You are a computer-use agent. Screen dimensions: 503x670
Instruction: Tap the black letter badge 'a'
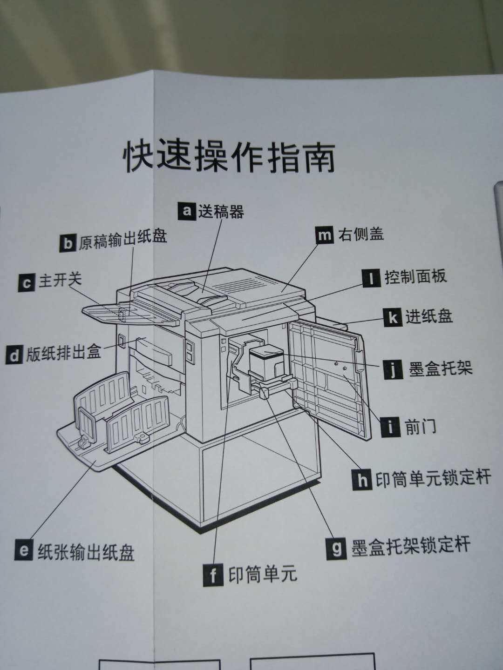click(187, 211)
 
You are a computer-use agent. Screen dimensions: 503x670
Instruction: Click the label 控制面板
click(415, 277)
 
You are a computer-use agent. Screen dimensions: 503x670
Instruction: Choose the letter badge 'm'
click(324, 235)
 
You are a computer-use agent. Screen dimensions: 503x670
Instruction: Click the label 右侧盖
click(361, 234)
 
